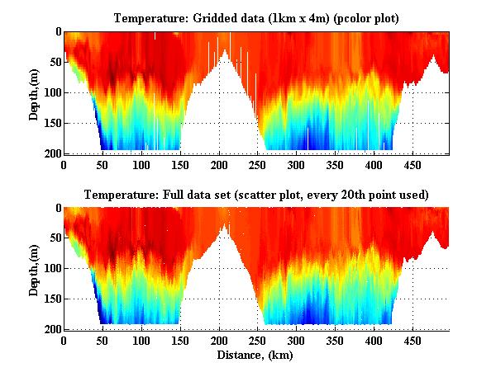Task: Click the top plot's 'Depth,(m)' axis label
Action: (x=34, y=92)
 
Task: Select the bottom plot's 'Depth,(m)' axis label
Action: (x=34, y=268)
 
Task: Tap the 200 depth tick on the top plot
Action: (x=50, y=153)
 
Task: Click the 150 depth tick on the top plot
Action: (x=50, y=123)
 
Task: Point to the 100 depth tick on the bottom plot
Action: (x=50, y=269)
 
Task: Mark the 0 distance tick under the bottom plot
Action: (x=64, y=341)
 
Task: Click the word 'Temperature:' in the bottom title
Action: (x=117, y=195)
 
